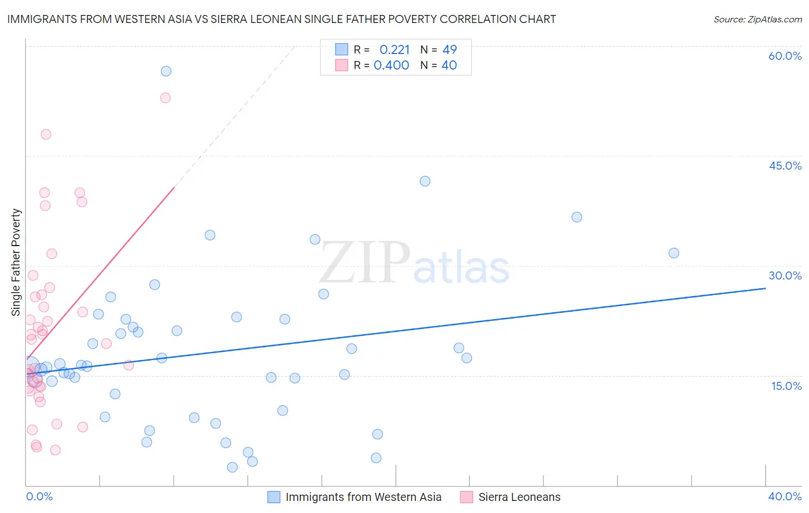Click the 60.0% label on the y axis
pyautogui.click(x=785, y=56)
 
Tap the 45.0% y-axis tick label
pyautogui.click(x=785, y=166)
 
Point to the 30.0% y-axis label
pyautogui.click(x=785, y=275)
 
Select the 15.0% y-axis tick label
pyautogui.click(x=786, y=386)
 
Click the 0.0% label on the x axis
pyautogui.click(x=39, y=496)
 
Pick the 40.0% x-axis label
pyautogui.click(x=785, y=496)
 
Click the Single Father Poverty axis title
pyautogui.click(x=16, y=262)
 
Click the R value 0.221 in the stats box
pyautogui.click(x=394, y=50)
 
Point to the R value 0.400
pyautogui.click(x=391, y=66)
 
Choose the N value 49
pyautogui.click(x=449, y=50)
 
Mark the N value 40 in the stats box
pyautogui.click(x=449, y=66)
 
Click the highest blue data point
pyautogui.click(x=166, y=71)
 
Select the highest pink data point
pyautogui.click(x=165, y=98)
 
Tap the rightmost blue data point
pyautogui.click(x=674, y=253)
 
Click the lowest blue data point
pyautogui.click(x=232, y=467)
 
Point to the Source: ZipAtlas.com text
pyautogui.click(x=757, y=20)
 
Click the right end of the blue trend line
pyautogui.click(x=765, y=288)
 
